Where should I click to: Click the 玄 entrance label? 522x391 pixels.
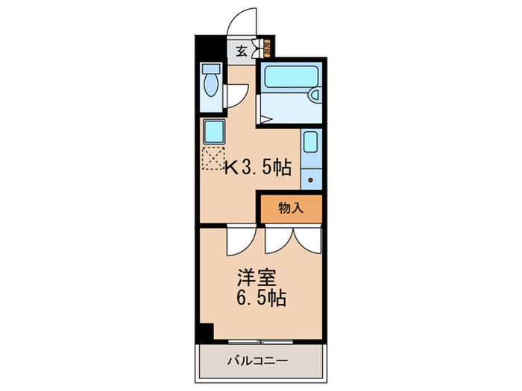242,51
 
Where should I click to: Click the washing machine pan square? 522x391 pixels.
214,132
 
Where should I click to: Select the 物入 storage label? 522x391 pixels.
292,209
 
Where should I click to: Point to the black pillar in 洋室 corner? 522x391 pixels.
205,331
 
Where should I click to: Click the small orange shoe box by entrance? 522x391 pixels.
265,51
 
